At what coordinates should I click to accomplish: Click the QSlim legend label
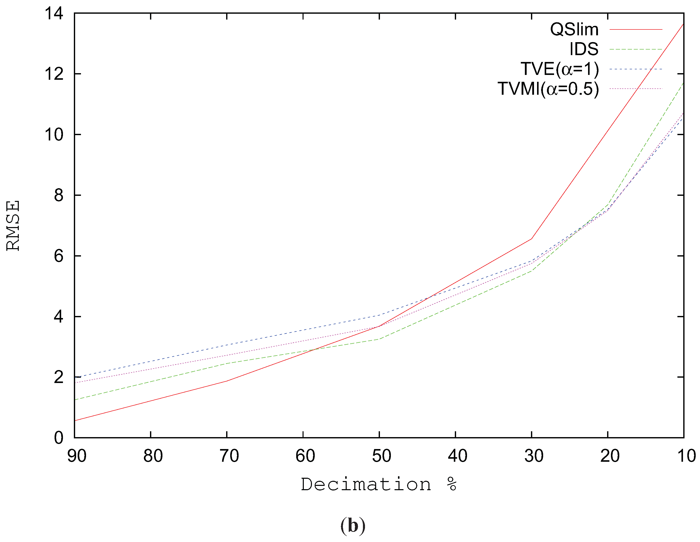[574, 29]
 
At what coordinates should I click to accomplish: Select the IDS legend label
[584, 49]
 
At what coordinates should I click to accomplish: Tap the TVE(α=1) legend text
[559, 69]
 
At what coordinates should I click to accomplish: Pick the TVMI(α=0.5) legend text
[548, 89]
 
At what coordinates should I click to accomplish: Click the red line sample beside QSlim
[636, 29]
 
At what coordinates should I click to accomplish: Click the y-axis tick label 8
[59, 195]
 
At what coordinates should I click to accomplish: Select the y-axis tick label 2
[59, 377]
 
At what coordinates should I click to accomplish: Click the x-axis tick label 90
[77, 456]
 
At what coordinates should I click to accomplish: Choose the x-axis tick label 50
[381, 456]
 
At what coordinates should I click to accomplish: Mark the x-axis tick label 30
[534, 456]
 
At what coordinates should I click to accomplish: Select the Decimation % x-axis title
[378, 484]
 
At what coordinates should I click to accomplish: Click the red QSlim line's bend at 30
[531, 238]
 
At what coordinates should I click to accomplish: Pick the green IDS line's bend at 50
[379, 339]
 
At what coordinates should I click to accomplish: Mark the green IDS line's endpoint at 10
[683, 83]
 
